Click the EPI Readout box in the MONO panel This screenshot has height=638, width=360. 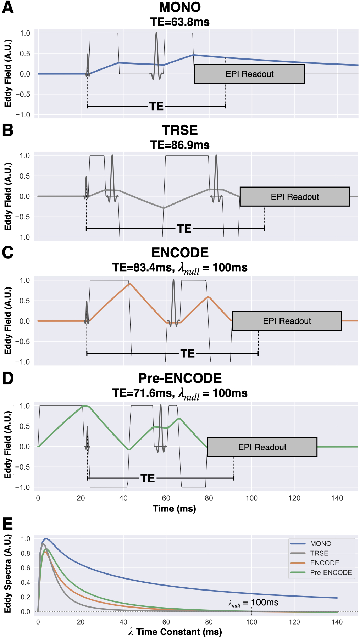coord(249,74)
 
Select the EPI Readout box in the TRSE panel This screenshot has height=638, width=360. coord(295,197)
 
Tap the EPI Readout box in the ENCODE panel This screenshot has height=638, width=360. coord(287,321)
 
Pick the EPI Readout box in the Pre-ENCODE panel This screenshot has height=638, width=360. coord(262,447)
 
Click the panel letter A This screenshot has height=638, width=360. coord(7,7)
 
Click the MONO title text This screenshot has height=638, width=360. coord(180,7)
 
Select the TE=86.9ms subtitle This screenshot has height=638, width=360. coord(180,145)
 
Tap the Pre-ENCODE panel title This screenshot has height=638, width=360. coord(180,378)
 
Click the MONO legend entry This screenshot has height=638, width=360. coord(321,544)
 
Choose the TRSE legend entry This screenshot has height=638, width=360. coord(319,553)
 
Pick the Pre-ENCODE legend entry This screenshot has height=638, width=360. coord(331,572)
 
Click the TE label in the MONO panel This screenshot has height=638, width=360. coord(156,106)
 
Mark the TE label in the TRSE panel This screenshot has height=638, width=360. coord(184,229)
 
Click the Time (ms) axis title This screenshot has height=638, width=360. coord(174,509)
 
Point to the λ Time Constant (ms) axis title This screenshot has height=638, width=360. coord(175,632)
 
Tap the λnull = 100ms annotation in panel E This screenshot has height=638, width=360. coord(253,603)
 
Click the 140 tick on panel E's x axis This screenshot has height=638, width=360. coord(337,622)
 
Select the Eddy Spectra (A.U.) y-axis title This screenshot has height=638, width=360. coord(7,574)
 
